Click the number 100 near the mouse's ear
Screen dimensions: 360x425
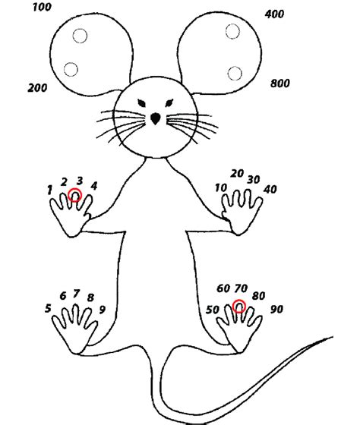click(x=42, y=7)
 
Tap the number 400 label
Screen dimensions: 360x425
click(x=274, y=14)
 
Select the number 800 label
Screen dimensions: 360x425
click(x=280, y=83)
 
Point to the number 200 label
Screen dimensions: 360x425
click(x=37, y=87)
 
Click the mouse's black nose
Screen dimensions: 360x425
click(x=155, y=118)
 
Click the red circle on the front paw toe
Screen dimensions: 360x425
click(x=74, y=195)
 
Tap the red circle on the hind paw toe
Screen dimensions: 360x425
click(x=239, y=306)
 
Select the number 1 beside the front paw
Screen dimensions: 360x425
click(x=49, y=190)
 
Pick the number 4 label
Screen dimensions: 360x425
click(x=94, y=186)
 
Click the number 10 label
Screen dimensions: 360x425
click(x=220, y=187)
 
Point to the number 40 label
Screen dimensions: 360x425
click(x=270, y=189)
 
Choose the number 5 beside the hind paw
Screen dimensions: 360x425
click(x=48, y=308)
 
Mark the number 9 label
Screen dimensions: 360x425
click(x=102, y=310)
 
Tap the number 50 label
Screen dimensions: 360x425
click(x=212, y=310)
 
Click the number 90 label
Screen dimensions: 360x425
click(x=276, y=309)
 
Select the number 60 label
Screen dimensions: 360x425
click(x=223, y=288)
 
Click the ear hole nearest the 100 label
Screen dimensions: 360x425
click(x=80, y=36)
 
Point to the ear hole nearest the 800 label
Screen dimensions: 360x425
click(x=235, y=73)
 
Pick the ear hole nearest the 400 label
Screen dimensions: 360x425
click(x=232, y=31)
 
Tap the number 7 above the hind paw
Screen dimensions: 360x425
click(x=76, y=293)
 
